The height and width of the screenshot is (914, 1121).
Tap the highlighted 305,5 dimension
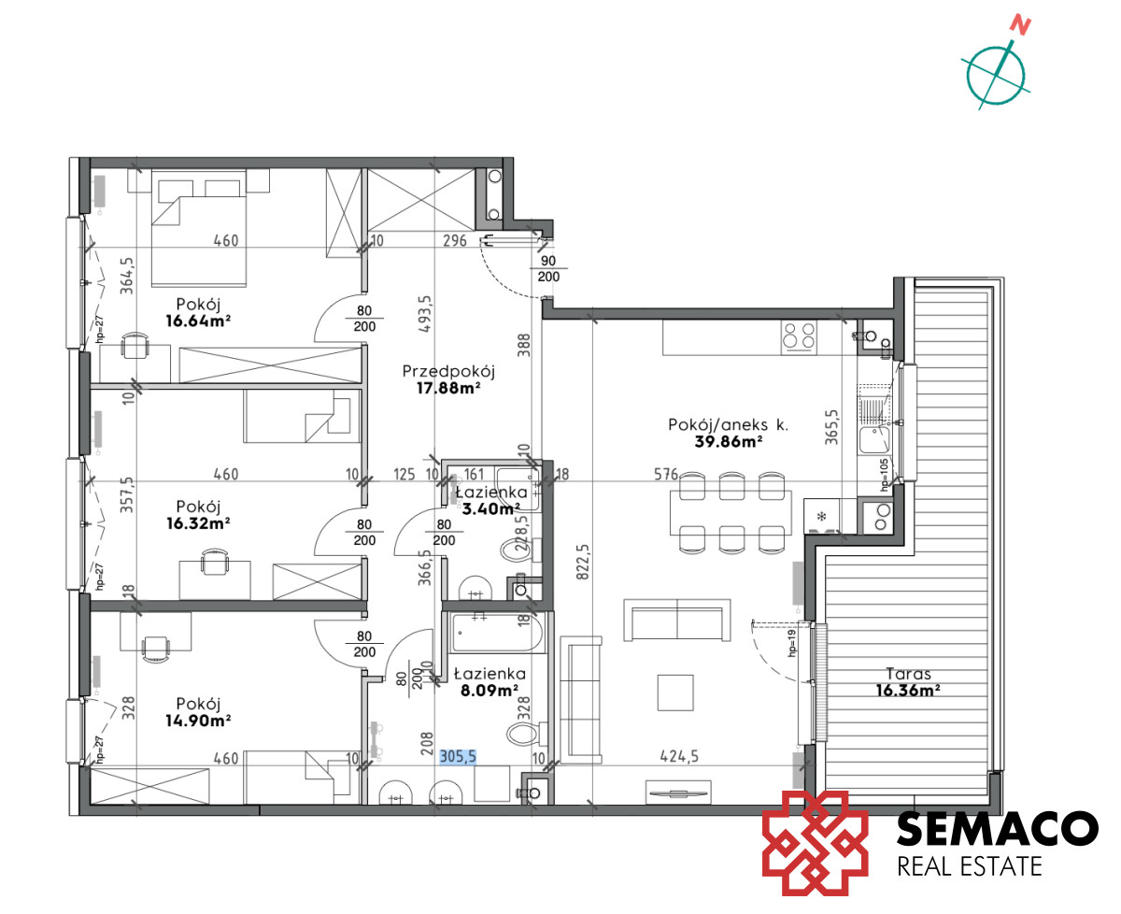point(458,757)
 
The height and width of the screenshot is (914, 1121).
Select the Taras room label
point(908,674)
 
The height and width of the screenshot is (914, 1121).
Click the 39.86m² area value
point(729,441)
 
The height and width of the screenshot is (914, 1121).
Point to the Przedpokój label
point(448,372)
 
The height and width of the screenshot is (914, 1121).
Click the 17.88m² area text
point(448,389)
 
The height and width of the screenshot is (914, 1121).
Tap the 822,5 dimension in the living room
point(583,563)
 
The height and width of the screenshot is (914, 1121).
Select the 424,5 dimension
point(679,756)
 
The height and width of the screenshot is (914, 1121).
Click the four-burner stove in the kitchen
point(799,336)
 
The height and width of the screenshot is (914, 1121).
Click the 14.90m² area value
point(198,721)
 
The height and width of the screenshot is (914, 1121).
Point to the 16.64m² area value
point(198,321)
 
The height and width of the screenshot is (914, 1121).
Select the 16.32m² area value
point(198,523)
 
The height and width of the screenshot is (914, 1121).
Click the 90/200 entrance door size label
point(548,268)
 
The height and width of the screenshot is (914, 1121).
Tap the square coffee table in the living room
point(675,693)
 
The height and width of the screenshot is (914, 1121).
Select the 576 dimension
point(666,475)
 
